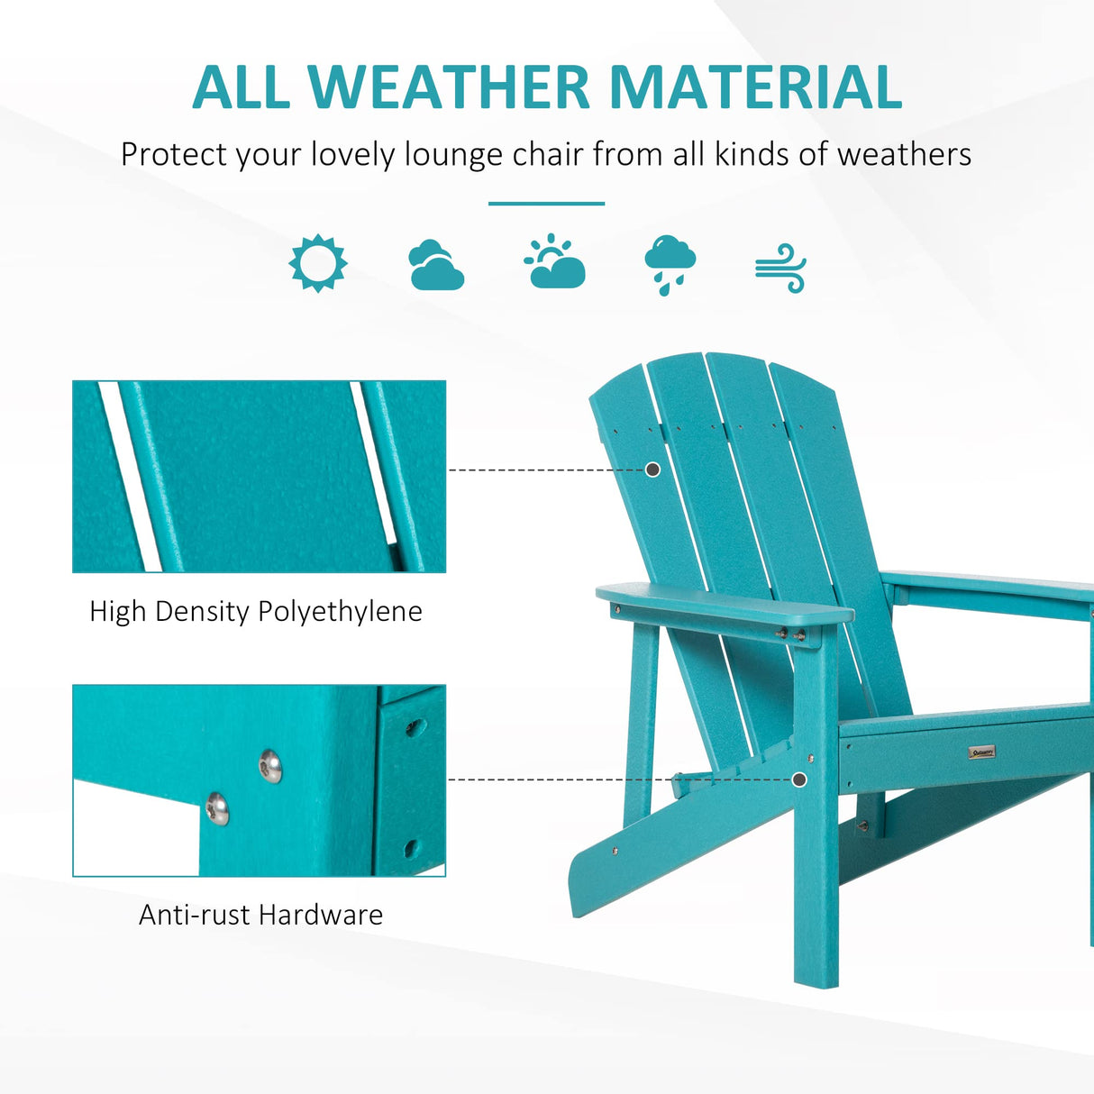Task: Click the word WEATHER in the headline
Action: tap(449, 87)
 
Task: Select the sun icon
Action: tap(318, 263)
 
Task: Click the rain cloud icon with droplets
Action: tap(670, 264)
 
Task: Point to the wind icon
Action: tap(780, 268)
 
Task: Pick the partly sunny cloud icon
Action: tap(554, 262)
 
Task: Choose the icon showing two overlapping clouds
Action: tap(436, 265)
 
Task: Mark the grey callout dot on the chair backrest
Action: tap(653, 470)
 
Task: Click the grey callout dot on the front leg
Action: tap(799, 779)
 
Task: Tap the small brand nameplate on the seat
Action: tap(981, 751)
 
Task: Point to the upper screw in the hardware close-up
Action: tap(270, 766)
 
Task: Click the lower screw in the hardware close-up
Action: tap(216, 808)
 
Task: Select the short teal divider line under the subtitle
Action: tap(546, 204)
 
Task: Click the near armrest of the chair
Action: tap(721, 604)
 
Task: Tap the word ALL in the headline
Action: tap(241, 87)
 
